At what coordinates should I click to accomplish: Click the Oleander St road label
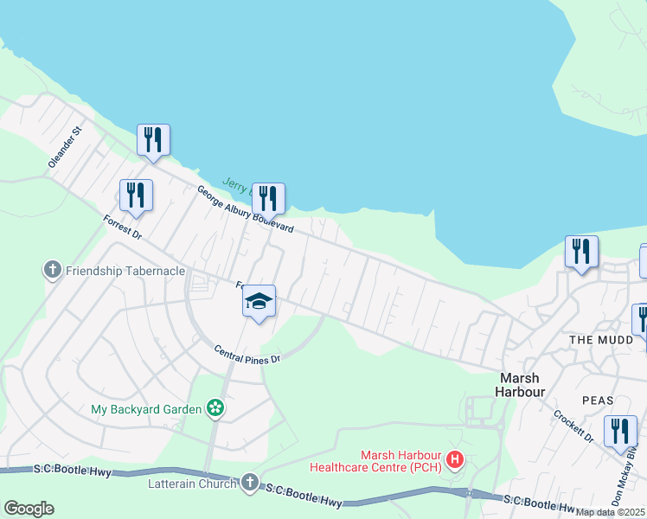tap(64, 146)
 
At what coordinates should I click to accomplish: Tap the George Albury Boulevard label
tap(245, 210)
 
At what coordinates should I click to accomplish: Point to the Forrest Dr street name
tap(121, 227)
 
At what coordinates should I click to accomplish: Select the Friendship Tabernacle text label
tap(126, 271)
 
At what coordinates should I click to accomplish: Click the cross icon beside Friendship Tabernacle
tap(53, 271)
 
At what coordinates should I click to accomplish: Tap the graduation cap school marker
tap(259, 303)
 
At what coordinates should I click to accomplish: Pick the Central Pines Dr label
tap(248, 354)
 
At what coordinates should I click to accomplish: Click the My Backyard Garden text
tap(146, 408)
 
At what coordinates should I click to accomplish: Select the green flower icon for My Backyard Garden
tap(215, 408)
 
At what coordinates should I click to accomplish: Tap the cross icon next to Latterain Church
tap(250, 483)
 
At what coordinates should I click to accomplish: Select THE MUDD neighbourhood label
tap(596, 340)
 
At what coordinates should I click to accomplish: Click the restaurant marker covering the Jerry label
tap(268, 199)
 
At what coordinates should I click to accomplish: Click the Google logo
tap(29, 509)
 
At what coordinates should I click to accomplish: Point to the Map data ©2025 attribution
tap(611, 512)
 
